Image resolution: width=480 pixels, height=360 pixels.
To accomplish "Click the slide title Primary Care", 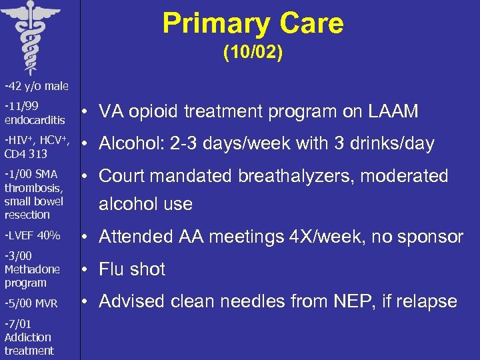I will [253, 23].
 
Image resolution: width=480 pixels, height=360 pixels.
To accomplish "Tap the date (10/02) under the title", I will [253, 53].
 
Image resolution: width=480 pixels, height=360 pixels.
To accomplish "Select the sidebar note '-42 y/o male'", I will [31, 86].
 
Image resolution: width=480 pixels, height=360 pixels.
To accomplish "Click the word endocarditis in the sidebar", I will [35, 120].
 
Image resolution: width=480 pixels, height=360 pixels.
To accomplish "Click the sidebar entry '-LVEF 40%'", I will [32, 235].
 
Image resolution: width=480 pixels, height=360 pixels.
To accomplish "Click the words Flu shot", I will [132, 269].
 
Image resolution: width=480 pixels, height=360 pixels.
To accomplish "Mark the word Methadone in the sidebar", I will [32, 269].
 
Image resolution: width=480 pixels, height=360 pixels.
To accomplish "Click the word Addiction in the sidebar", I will [27, 337].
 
